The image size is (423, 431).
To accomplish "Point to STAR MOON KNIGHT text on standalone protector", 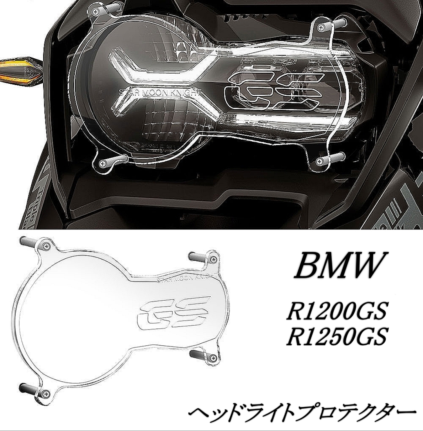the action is [x=184, y=279].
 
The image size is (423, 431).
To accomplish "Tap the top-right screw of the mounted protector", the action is [x=321, y=26].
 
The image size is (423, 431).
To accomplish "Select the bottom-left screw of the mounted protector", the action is [x=103, y=163].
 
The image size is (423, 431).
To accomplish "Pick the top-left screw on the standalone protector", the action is [x=47, y=245].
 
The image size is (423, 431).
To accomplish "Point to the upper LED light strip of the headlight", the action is [x=164, y=65].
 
